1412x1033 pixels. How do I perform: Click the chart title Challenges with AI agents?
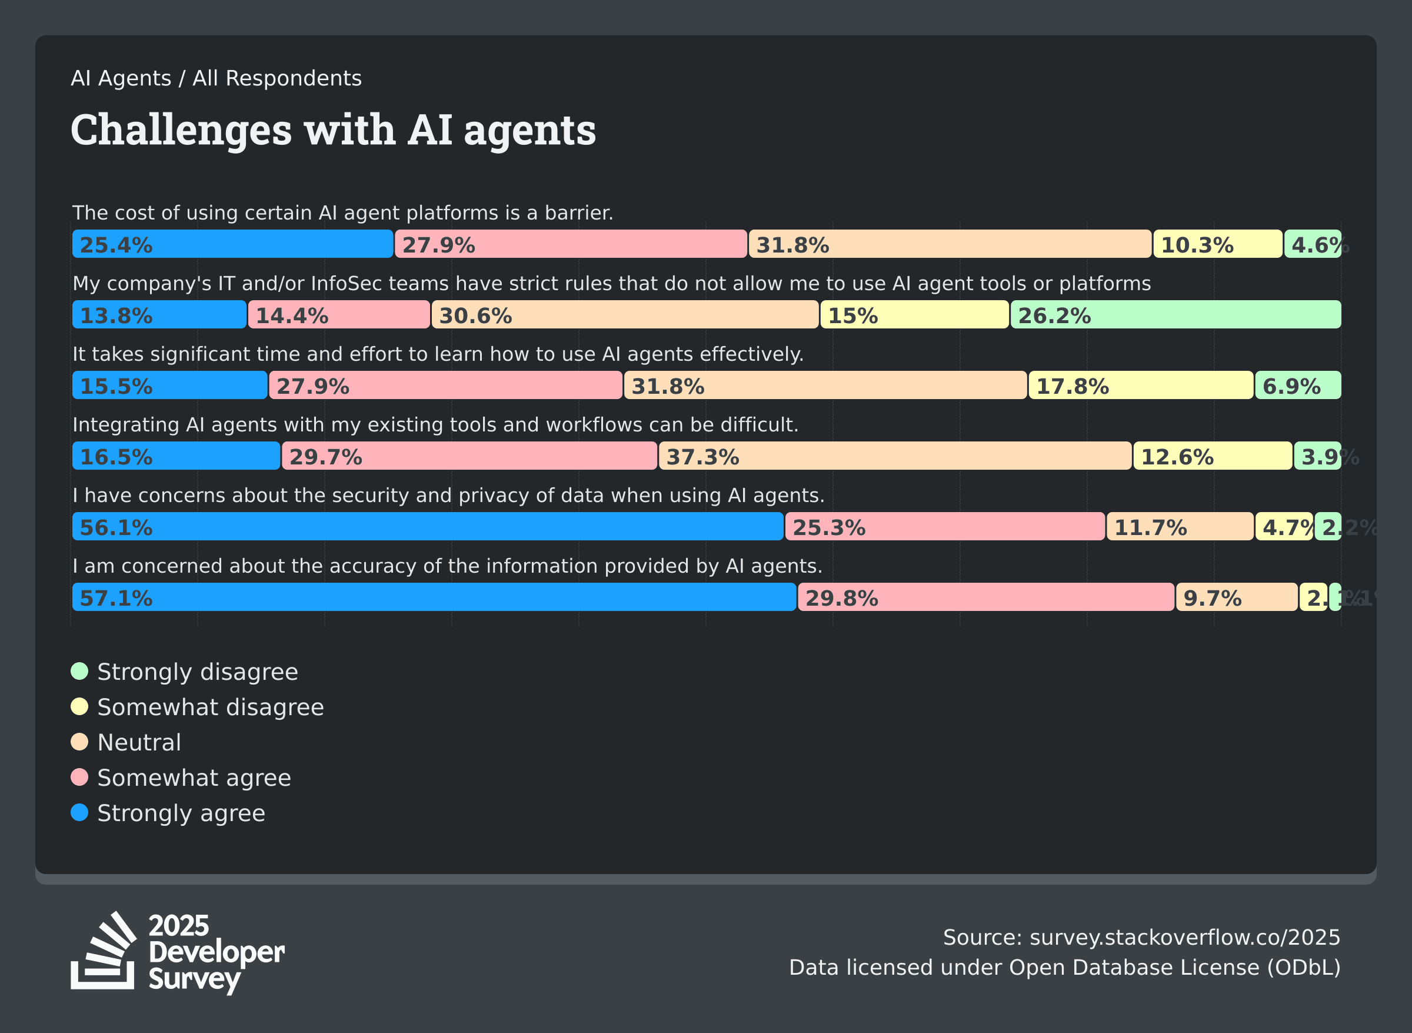333,130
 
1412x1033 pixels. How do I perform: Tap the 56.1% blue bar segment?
428,526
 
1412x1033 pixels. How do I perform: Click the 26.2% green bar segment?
1175,314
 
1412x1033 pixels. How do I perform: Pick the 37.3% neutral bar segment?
894,456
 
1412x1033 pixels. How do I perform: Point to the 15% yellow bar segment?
914,314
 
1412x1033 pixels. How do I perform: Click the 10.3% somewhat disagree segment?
1217,244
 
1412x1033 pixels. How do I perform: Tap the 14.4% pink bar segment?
339,314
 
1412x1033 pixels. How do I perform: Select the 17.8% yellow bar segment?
1140,385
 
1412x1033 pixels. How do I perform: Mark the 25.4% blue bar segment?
232,244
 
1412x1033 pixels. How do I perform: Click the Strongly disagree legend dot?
79,672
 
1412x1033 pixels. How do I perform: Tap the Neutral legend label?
139,742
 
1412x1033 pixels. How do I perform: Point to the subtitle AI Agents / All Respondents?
217,79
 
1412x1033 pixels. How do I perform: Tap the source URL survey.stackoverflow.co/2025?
1184,937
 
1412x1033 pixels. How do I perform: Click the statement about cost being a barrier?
342,213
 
